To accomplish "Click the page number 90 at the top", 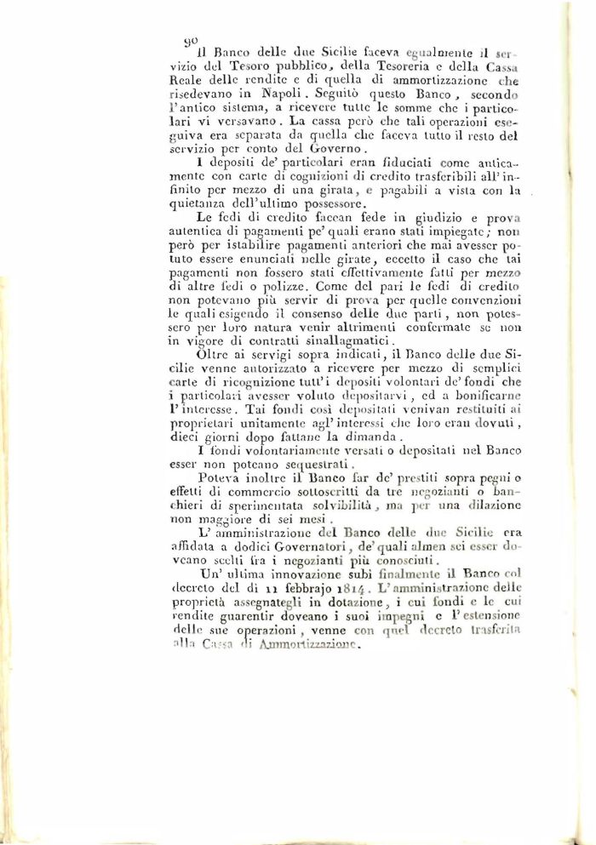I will point(192,41).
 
